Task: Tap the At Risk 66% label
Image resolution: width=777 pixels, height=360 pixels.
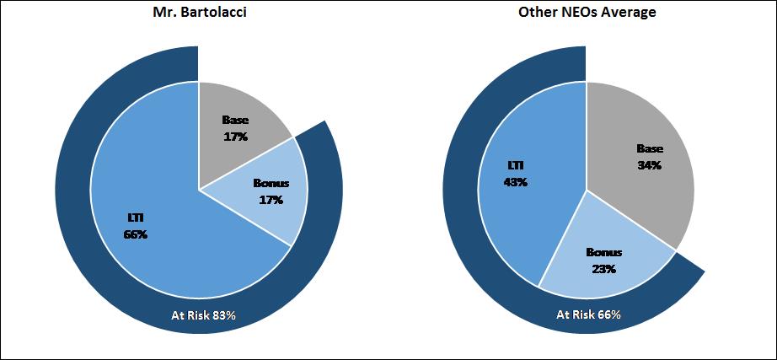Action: (588, 314)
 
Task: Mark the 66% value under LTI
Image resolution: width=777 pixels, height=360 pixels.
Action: (135, 234)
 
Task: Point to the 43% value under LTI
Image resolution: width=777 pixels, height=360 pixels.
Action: (514, 181)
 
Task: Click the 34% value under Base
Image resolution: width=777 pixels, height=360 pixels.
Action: (649, 165)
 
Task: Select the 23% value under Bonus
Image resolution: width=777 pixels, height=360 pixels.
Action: (603, 269)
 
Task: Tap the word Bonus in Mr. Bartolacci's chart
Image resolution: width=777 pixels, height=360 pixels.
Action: (271, 183)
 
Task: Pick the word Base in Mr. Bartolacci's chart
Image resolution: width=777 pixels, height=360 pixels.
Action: (235, 120)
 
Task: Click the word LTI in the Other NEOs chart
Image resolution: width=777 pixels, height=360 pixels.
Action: (514, 165)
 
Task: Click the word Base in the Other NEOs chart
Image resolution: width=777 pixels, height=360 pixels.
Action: (649, 149)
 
